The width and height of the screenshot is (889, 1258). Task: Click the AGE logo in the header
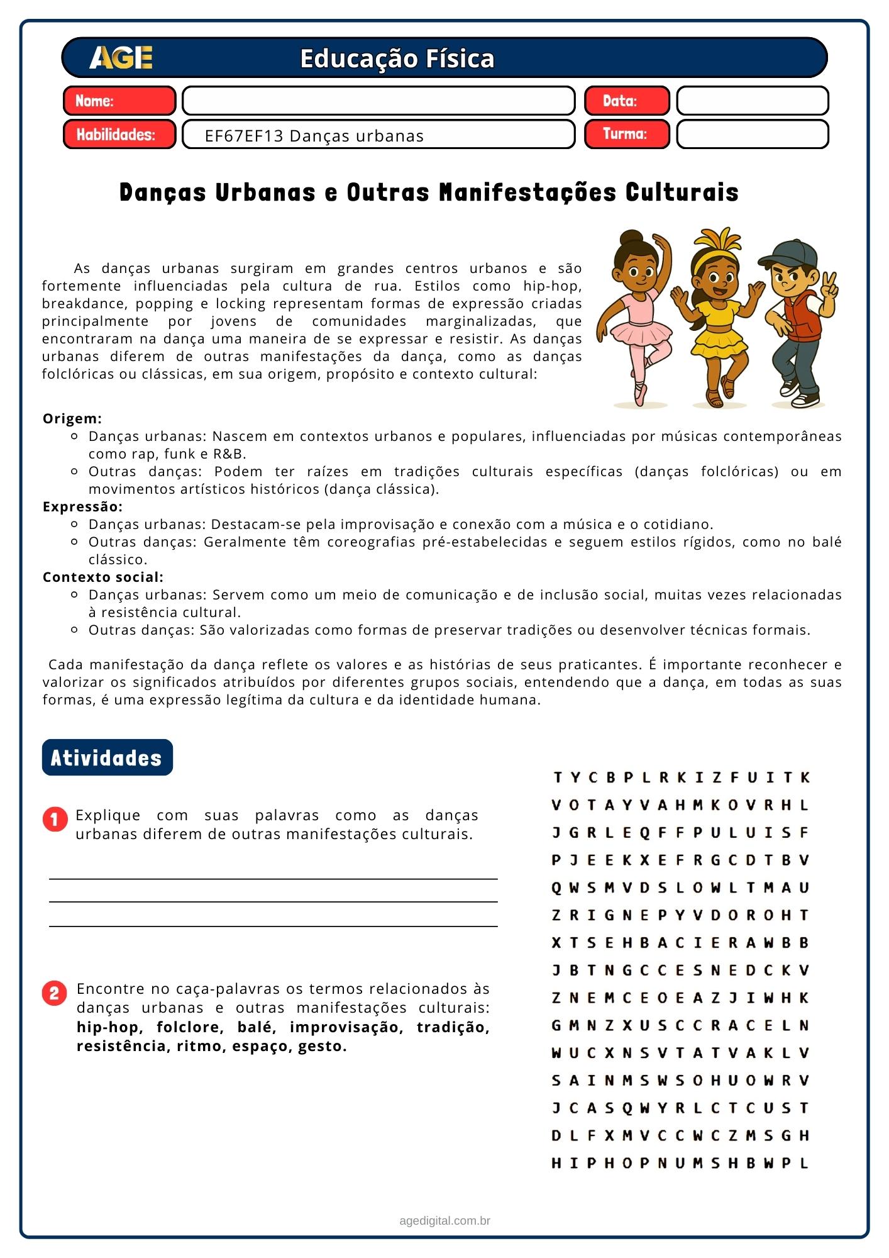pos(121,58)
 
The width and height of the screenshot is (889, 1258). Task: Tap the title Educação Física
pos(397,58)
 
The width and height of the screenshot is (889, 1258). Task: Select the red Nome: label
pos(119,101)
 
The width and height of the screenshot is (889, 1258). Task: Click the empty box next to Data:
pos(752,101)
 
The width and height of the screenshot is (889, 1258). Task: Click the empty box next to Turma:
pos(752,134)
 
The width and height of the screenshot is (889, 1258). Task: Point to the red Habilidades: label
pos(119,134)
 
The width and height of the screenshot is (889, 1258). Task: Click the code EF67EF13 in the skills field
pos(244,136)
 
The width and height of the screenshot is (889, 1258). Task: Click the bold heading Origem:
pos(72,418)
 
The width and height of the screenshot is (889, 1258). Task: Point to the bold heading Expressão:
pos(82,506)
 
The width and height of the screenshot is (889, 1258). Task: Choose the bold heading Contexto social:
pos(103,577)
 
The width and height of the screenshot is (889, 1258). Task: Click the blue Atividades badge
pos(107,757)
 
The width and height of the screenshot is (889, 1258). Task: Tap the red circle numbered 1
pos(55,820)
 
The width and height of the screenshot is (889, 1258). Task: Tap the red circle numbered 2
pos(55,993)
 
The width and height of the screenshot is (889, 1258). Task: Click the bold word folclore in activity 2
pos(190,1027)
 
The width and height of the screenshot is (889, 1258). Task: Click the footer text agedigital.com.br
pos(444,1221)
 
